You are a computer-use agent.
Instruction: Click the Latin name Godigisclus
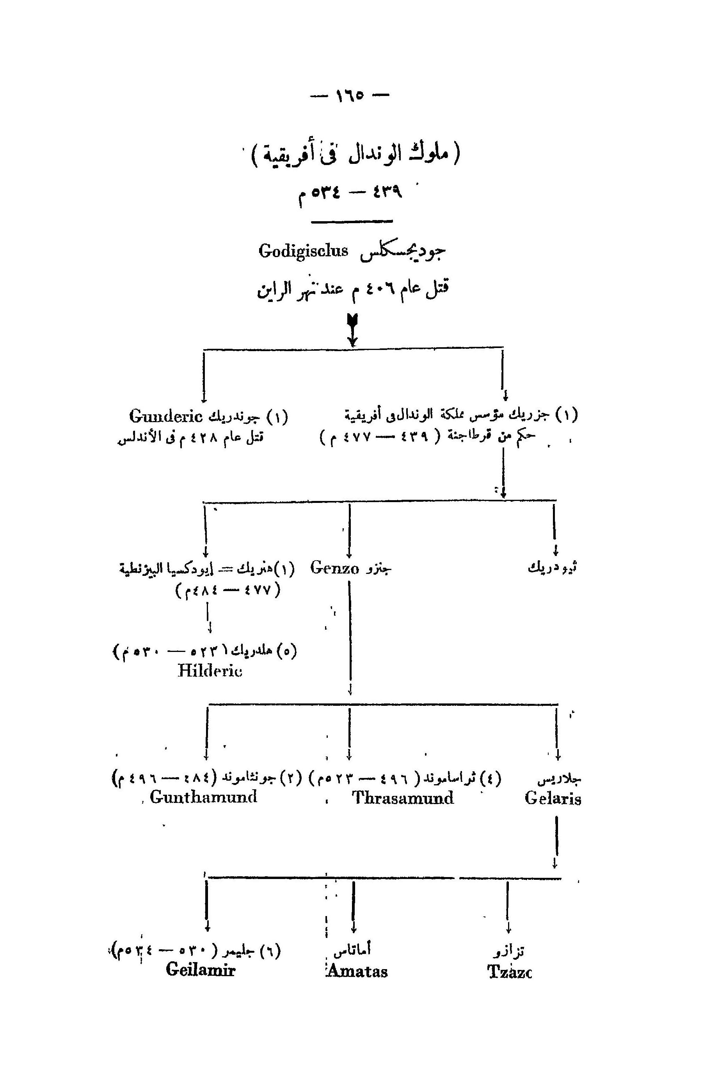[x=303, y=251]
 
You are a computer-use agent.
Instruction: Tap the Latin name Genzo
[x=335, y=568]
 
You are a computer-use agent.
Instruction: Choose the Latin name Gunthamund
[x=203, y=797]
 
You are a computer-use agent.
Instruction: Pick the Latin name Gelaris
[x=553, y=798]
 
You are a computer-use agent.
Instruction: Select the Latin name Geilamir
[x=201, y=969]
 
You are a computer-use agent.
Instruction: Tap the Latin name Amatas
[x=357, y=971]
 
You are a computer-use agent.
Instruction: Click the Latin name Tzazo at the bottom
[x=509, y=971]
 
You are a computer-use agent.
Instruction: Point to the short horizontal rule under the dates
[x=352, y=222]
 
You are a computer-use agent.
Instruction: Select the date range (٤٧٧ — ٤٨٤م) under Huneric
[x=227, y=589]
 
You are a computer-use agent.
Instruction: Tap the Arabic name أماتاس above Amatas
[x=352, y=950]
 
